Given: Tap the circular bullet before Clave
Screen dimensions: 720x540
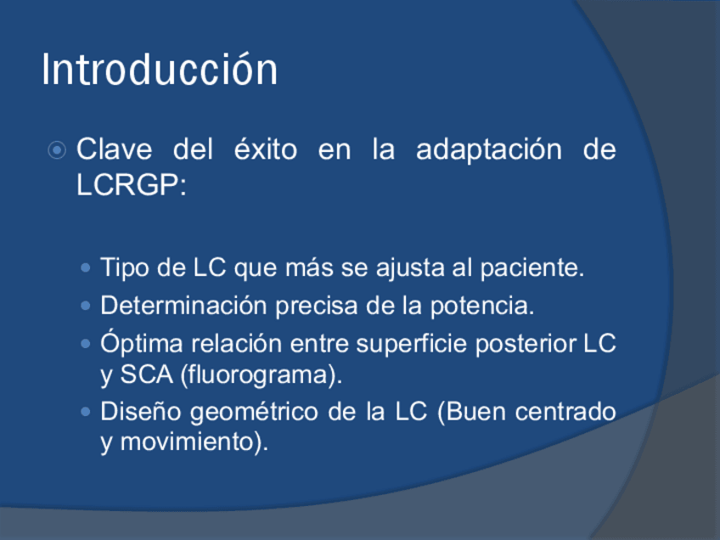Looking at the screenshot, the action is point(57,150).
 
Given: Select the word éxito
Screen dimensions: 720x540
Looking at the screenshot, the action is point(266,149).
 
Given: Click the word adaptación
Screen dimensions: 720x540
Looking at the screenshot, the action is point(488,150).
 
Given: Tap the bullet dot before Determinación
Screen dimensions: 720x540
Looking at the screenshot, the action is point(86,306).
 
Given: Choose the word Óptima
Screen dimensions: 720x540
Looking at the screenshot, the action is point(142,343).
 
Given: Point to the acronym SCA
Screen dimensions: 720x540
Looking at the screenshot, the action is point(147,374).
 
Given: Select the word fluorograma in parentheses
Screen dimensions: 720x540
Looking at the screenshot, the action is point(259,375).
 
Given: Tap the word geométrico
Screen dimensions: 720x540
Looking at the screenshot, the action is point(254,412).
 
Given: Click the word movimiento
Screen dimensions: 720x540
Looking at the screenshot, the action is point(187,442).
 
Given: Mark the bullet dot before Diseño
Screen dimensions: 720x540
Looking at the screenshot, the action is point(86,412).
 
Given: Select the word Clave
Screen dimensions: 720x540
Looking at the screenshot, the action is point(114,149).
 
